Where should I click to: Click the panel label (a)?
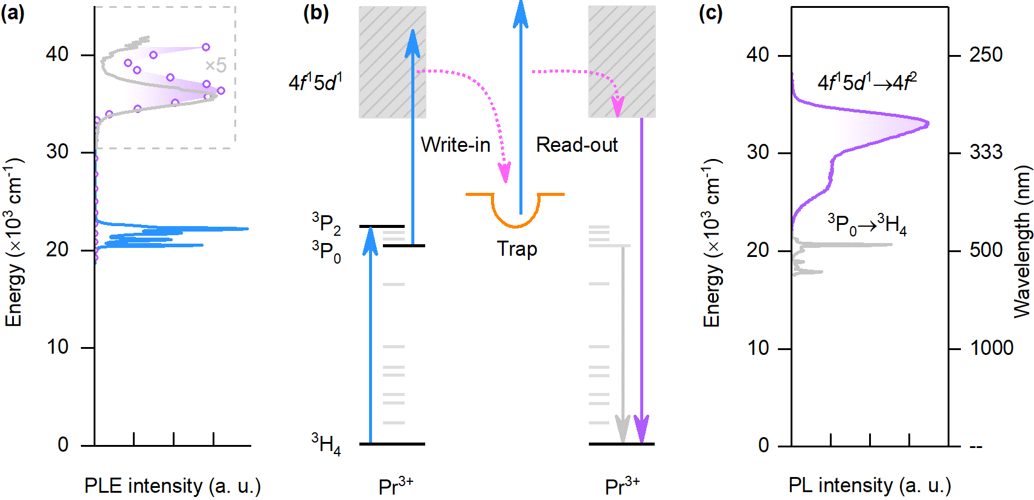pyautogui.click(x=13, y=13)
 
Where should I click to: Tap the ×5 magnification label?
pyautogui.click(x=215, y=65)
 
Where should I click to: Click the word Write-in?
pyautogui.click(x=455, y=145)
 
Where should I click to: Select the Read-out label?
pyautogui.click(x=577, y=145)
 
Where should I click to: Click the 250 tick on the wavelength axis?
pyautogui.click(x=986, y=55)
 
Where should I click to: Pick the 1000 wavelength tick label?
pyautogui.click(x=991, y=348)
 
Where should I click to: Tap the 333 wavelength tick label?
pyautogui.click(x=986, y=152)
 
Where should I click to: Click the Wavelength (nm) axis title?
pyautogui.click(x=1022, y=242)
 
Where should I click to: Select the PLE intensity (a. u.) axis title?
pyautogui.click(x=172, y=485)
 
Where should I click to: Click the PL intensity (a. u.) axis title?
pyautogui.click(x=870, y=485)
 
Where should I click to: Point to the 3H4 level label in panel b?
pyautogui.click(x=326, y=444)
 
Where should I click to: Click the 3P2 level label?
pyautogui.click(x=326, y=223)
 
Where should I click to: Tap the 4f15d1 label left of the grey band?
pyautogui.click(x=315, y=82)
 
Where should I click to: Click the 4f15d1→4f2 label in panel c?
pyautogui.click(x=867, y=82)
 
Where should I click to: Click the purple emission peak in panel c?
pyautogui.click(x=927, y=124)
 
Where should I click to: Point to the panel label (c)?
pyautogui.click(x=710, y=13)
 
